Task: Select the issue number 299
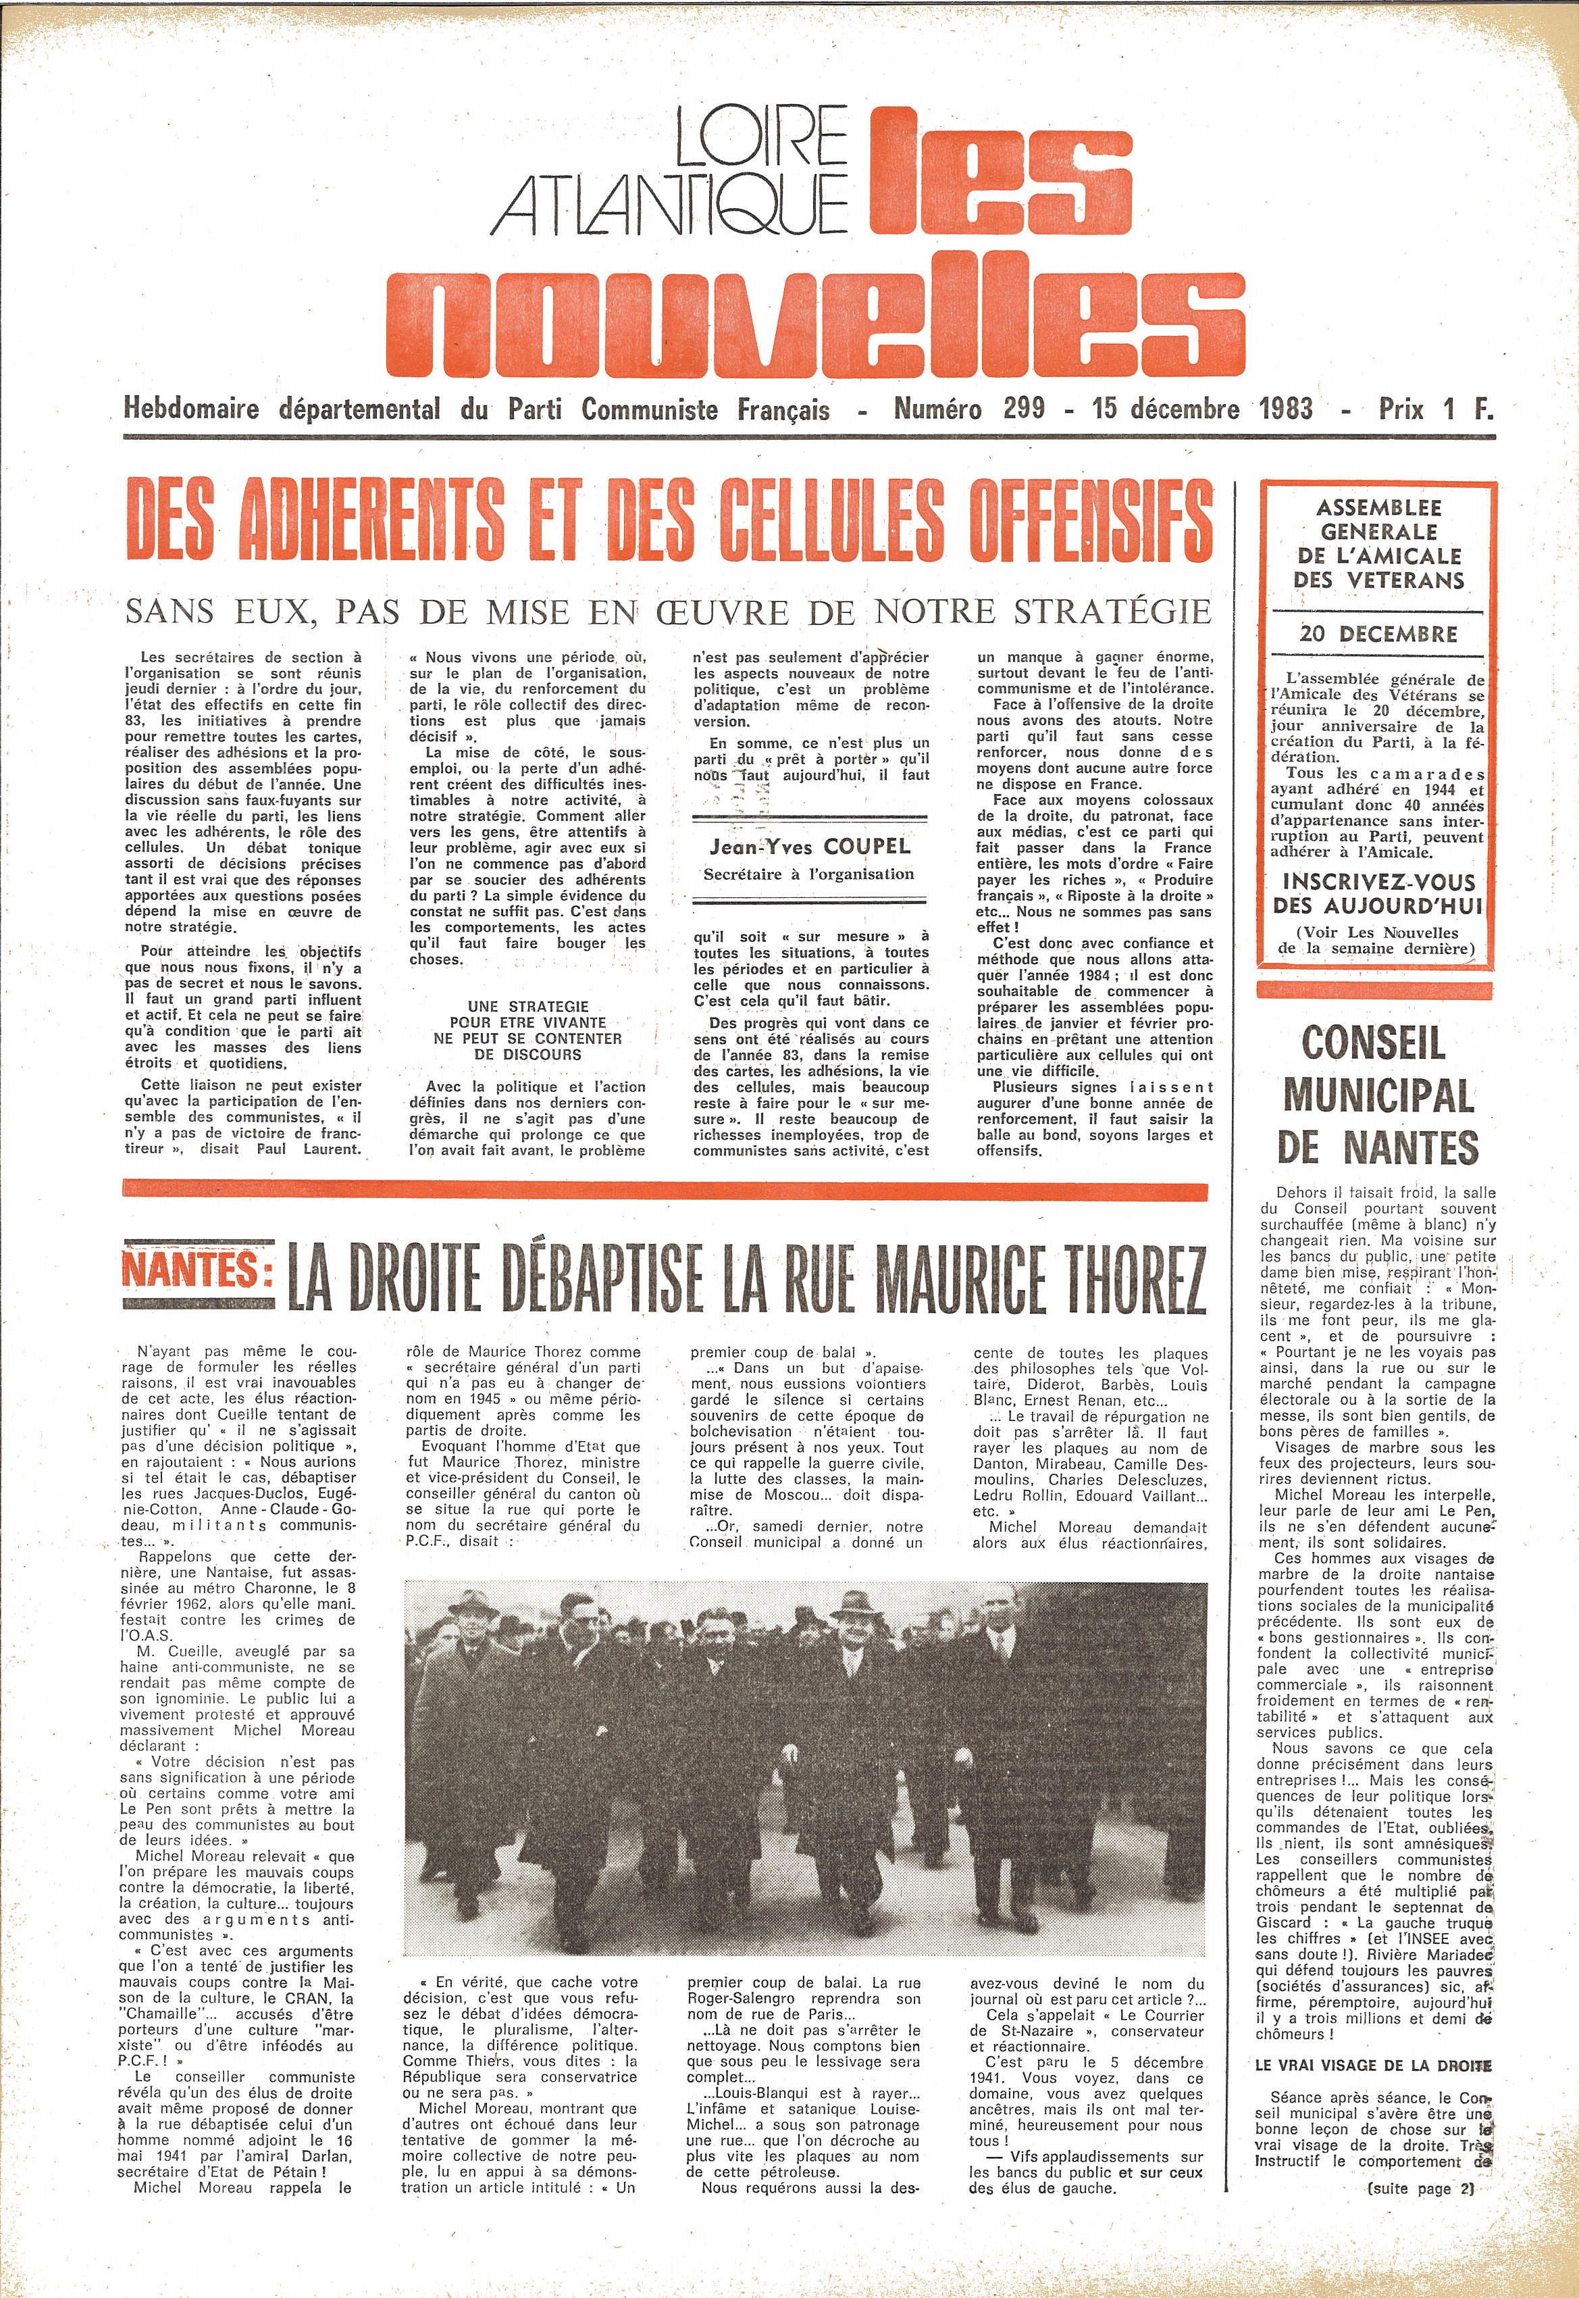tap(1023, 407)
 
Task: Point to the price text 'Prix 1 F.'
tap(1436, 407)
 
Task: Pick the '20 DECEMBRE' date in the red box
tap(1378, 633)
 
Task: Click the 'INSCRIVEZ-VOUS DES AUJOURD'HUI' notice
tap(1378, 894)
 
